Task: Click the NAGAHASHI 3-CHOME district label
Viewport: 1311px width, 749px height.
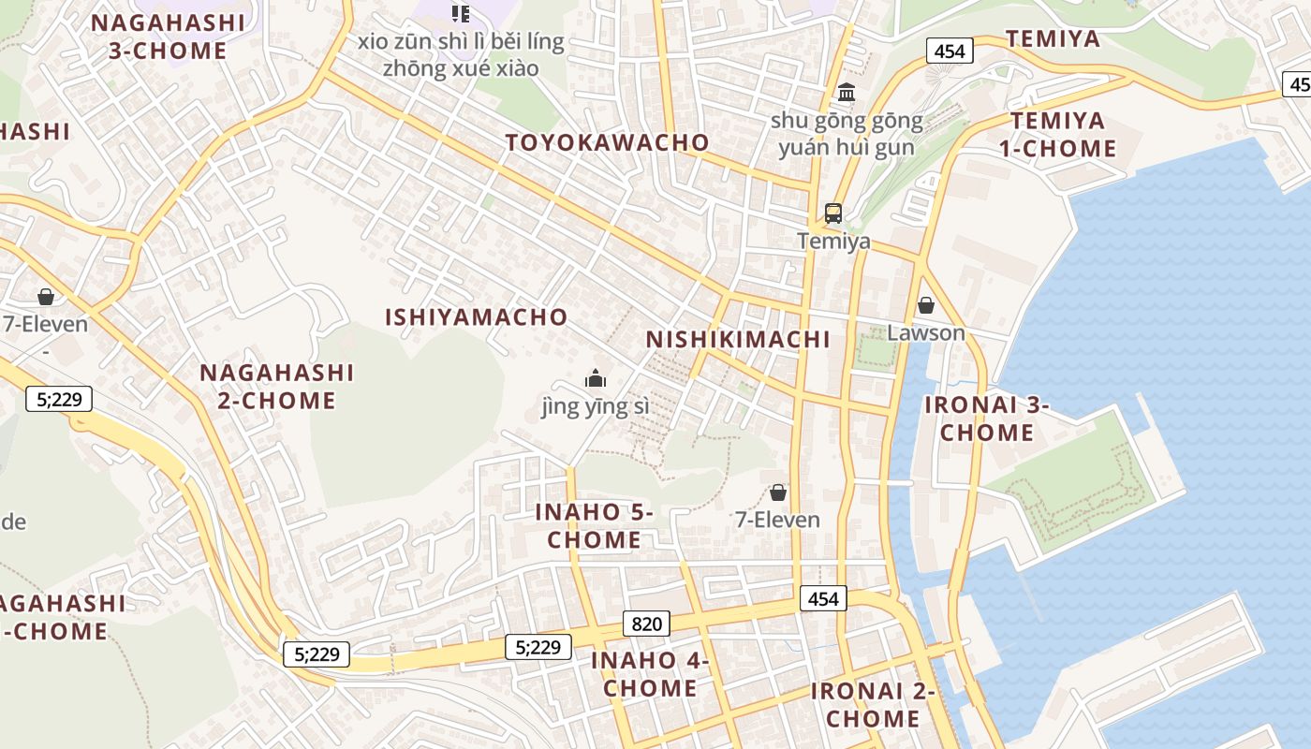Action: click(x=168, y=37)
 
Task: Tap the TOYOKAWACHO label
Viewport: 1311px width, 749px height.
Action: click(x=608, y=142)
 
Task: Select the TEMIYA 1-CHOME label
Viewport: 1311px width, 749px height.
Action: click(x=1064, y=135)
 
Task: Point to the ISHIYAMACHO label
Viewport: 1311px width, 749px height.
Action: click(x=476, y=317)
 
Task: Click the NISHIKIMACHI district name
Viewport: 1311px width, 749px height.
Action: click(x=738, y=339)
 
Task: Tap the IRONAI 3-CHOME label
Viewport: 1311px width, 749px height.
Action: click(x=987, y=419)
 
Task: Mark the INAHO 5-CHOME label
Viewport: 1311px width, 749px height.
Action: click(x=594, y=525)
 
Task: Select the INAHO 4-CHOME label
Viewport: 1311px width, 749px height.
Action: click(x=650, y=674)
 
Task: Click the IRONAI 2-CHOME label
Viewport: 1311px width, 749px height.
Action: click(x=873, y=705)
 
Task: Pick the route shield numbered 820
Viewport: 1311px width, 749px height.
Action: click(x=646, y=624)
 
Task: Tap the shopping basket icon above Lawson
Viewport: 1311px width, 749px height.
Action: click(x=925, y=305)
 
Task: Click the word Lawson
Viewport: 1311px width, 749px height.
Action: click(x=925, y=333)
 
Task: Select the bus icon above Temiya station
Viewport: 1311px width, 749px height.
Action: click(x=832, y=213)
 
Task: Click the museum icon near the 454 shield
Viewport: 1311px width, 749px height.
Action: click(x=847, y=92)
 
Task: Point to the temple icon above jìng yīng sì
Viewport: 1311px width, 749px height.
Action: click(x=595, y=378)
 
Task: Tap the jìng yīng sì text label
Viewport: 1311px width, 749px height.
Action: click(x=595, y=407)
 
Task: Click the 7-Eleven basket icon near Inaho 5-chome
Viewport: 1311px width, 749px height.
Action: click(x=777, y=492)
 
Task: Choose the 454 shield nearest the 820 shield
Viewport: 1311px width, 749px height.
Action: click(x=822, y=598)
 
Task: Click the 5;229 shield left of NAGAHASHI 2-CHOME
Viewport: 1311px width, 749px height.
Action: click(x=59, y=400)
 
